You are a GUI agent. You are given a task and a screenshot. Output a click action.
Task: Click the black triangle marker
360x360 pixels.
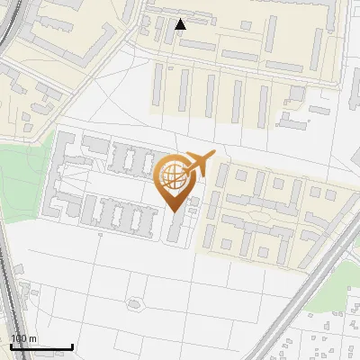click(x=181, y=24)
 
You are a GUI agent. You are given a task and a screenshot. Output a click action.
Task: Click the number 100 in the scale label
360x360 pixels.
click(x=19, y=338)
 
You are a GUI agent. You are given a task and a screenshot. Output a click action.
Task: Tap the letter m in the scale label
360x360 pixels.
click(x=33, y=338)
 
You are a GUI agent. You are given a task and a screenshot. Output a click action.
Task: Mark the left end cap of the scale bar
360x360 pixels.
click(x=10, y=346)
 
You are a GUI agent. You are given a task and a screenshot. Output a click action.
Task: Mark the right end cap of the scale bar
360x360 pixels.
click(x=72, y=346)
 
